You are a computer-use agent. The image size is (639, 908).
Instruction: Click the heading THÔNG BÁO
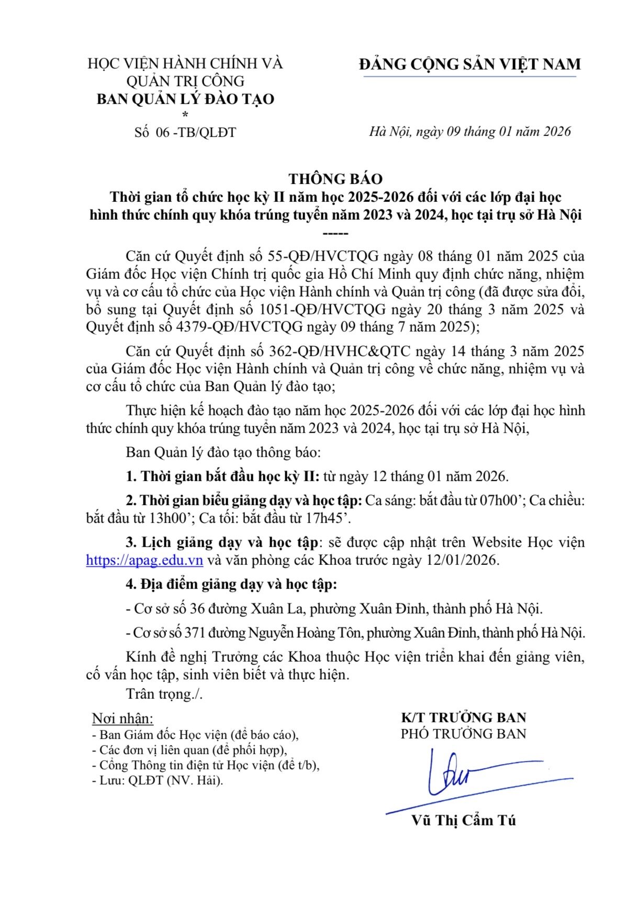coord(335,179)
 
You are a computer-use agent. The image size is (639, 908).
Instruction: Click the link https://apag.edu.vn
coord(144,560)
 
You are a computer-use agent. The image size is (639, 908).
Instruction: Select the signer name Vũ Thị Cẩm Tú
coord(463,820)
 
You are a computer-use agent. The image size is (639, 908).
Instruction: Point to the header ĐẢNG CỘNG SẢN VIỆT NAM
coord(469,64)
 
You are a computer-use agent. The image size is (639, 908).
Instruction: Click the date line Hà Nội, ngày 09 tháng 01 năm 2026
coord(469,131)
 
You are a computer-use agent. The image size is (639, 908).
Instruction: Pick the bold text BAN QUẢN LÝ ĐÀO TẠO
coord(185,99)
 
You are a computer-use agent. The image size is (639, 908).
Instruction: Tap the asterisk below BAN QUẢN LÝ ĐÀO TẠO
coord(185,115)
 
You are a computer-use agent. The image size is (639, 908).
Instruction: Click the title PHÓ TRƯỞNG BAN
coord(463,734)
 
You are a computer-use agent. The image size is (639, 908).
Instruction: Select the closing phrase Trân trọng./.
coord(164,694)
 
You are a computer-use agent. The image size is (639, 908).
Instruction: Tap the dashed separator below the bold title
coord(335,234)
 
